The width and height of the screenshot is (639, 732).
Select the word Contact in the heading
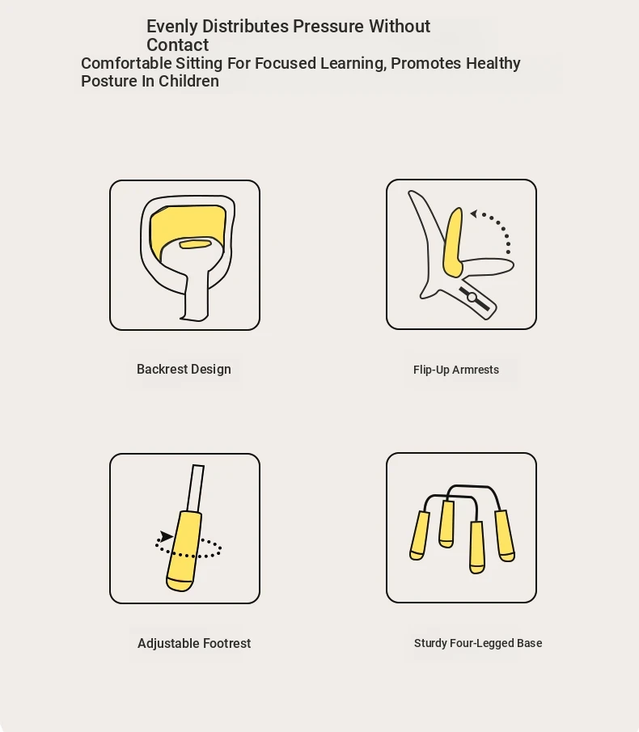tap(177, 44)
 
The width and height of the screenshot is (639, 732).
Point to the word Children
tap(188, 81)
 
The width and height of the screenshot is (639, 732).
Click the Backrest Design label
tap(184, 370)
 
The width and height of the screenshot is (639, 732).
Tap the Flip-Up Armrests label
tap(456, 370)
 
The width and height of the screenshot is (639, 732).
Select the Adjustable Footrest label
tap(194, 643)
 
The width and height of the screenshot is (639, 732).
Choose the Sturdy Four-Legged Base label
tap(478, 643)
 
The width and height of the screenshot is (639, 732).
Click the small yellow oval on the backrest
tap(195, 243)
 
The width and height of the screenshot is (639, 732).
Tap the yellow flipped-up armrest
tap(452, 243)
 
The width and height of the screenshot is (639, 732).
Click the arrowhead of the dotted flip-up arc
tap(474, 214)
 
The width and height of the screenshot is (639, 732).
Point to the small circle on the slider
tap(472, 298)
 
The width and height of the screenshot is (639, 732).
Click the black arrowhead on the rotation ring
tap(166, 536)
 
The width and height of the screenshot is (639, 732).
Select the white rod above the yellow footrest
tap(195, 489)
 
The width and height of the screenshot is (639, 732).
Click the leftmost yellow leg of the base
tap(419, 535)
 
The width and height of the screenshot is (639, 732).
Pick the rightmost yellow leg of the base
tap(505, 535)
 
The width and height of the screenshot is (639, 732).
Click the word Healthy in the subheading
tap(493, 63)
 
